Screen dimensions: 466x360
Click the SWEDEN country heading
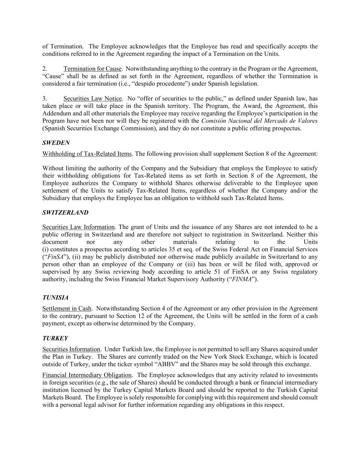[56, 143]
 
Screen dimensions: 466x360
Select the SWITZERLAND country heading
[65, 212]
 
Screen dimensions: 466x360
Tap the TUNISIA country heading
[55, 298]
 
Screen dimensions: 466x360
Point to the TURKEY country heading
[55, 338]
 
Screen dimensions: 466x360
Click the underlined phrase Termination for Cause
[92, 69]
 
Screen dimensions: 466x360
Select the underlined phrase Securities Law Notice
[92, 99]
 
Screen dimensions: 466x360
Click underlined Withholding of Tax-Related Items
[87, 154]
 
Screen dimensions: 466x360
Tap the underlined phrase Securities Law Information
[78, 227]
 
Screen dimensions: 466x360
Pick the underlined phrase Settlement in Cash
[67, 309]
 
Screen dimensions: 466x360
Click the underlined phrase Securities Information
[71, 349]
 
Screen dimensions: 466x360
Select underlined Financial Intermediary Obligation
[87, 375]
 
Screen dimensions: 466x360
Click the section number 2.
[45, 69]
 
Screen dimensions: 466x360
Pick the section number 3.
[45, 99]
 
